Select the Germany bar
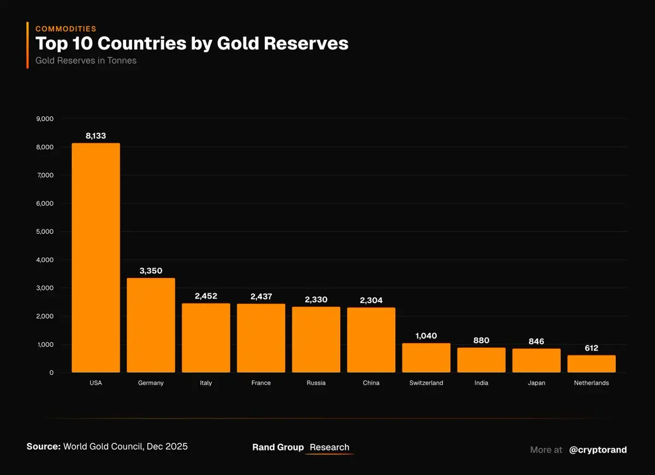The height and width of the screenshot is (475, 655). (151, 325)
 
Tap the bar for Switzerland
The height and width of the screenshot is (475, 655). (426, 358)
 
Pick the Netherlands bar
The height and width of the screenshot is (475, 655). (591, 364)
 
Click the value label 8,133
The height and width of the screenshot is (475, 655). (96, 136)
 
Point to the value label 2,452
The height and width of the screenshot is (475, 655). (206, 296)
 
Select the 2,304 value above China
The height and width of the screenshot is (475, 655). (371, 300)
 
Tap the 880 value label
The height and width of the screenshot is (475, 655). (481, 340)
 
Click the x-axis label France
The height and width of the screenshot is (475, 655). (261, 383)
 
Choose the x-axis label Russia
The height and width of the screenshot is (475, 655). (316, 383)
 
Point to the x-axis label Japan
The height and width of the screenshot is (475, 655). (537, 383)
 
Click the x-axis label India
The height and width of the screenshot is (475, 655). (481, 383)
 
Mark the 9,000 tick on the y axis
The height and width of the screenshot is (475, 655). (45, 119)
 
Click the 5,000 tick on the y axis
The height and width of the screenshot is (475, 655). (45, 231)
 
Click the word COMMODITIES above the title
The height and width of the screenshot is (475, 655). (65, 29)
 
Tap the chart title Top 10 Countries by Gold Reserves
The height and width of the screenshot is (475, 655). (192, 44)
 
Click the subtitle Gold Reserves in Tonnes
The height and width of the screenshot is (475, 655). (86, 61)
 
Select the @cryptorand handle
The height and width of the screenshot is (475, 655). (598, 450)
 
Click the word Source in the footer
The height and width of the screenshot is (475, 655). (43, 447)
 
